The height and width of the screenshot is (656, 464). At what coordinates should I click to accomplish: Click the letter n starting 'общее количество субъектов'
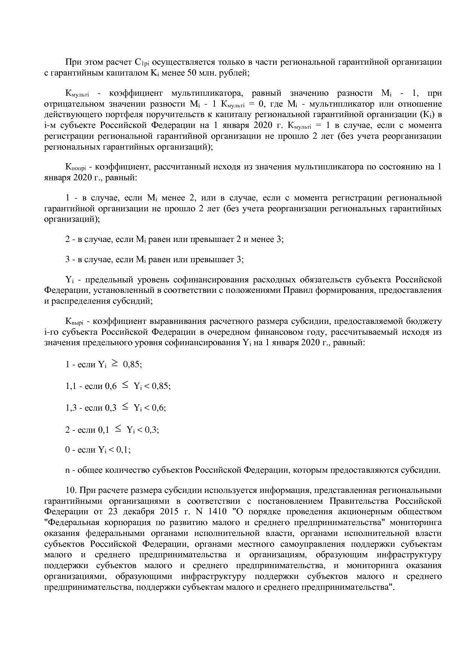67,470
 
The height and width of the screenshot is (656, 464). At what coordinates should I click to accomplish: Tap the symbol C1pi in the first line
143,62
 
